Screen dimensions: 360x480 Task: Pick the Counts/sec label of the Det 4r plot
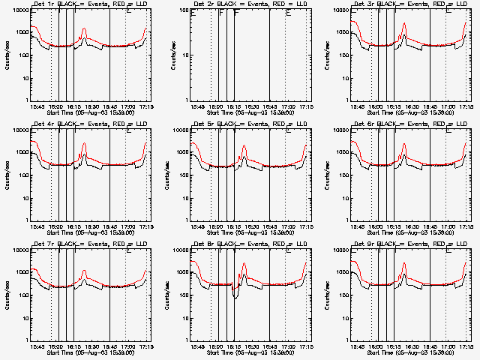[7, 174]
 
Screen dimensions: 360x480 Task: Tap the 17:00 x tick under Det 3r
[448, 107]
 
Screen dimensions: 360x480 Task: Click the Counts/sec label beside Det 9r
[328, 294]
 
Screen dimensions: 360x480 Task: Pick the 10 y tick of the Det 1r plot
[25, 78]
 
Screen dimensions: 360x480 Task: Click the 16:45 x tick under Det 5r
[269, 227]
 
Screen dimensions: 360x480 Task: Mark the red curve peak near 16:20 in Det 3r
[404, 23]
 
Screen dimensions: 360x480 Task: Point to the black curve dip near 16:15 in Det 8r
[235, 297]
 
